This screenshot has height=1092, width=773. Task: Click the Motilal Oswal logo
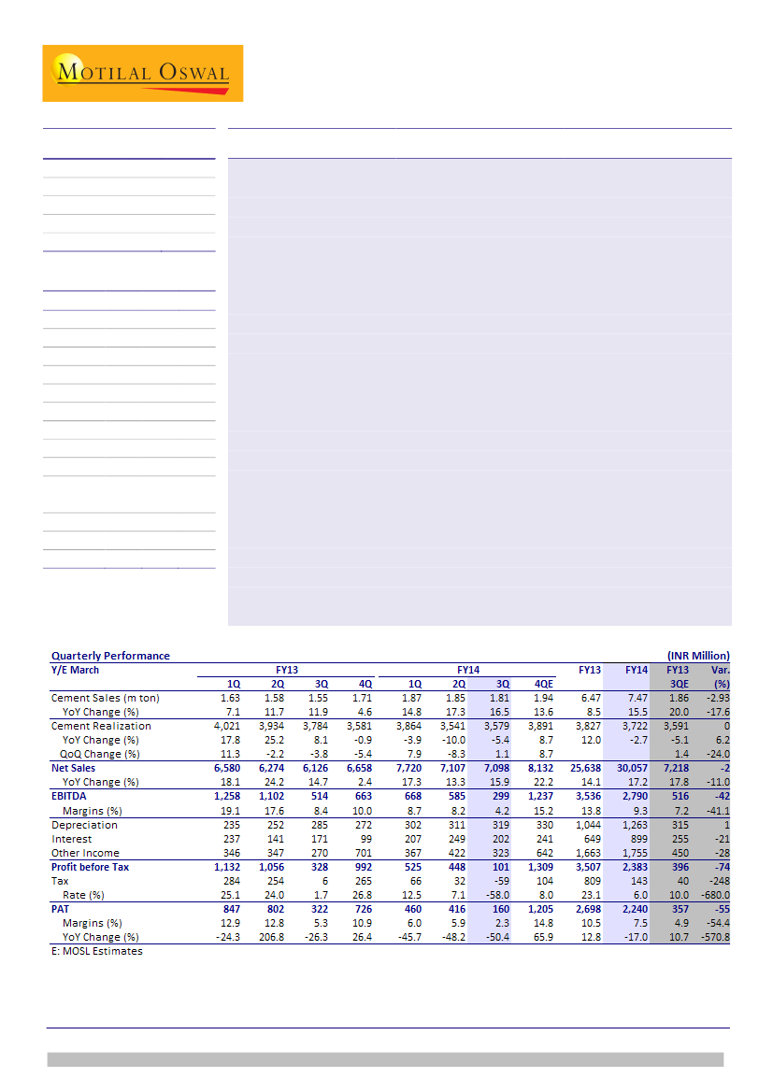pyautogui.click(x=142, y=73)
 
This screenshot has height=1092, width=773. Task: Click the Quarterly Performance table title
pyautogui.click(x=110, y=656)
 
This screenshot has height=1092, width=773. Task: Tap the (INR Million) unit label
pyautogui.click(x=697, y=656)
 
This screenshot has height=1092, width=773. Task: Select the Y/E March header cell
pyautogui.click(x=75, y=670)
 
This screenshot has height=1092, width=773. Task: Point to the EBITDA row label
pyautogui.click(x=70, y=797)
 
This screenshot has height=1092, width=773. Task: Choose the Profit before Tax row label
pyautogui.click(x=90, y=867)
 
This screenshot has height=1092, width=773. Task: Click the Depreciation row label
pyautogui.click(x=84, y=825)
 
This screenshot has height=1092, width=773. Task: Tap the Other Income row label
pyautogui.click(x=86, y=853)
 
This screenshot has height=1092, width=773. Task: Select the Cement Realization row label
pyautogui.click(x=101, y=726)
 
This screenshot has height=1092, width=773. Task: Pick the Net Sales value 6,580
pyautogui.click(x=228, y=768)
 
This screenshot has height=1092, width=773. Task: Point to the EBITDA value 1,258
pyautogui.click(x=228, y=797)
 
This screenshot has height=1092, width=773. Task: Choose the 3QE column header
pyautogui.click(x=679, y=684)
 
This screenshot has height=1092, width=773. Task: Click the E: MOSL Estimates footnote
pyautogui.click(x=96, y=951)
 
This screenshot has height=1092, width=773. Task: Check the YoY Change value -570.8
pyautogui.click(x=714, y=937)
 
